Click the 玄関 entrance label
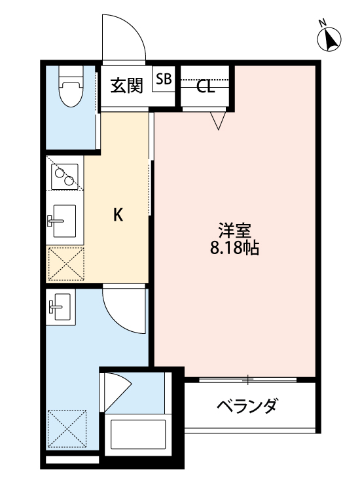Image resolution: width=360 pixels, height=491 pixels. point(126,86)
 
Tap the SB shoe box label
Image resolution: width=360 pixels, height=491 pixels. point(164,79)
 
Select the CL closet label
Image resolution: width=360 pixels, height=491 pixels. point(206,87)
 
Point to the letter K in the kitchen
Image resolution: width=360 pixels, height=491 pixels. point(118,215)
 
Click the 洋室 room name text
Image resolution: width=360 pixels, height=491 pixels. point(235,231)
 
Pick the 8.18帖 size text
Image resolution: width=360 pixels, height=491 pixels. point(235,249)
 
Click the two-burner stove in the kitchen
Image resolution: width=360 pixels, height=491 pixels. point(64,175)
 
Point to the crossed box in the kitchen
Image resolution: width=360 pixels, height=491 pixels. point(65,263)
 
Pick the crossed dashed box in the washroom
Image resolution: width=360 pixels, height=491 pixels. point(67,429)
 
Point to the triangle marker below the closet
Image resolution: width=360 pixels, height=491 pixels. point(218,120)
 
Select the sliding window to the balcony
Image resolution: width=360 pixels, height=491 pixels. point(249,379)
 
